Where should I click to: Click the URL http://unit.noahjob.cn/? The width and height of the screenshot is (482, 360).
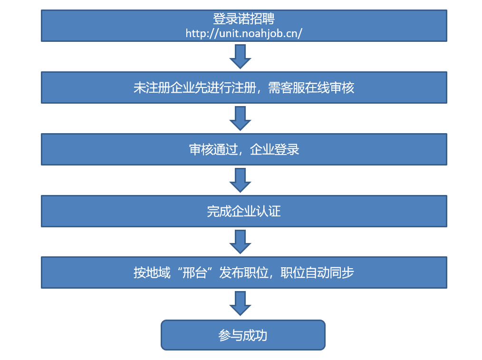click(244, 33)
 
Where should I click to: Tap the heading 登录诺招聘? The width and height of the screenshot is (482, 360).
click(244, 19)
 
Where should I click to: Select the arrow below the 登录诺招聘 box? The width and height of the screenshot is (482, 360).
click(240, 57)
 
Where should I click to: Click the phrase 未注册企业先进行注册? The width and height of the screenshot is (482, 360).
click(195, 88)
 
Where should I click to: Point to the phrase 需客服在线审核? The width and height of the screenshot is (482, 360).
click(311, 88)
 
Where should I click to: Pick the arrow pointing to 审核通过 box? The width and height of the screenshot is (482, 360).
click(240, 118)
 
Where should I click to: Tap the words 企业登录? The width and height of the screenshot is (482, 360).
click(275, 150)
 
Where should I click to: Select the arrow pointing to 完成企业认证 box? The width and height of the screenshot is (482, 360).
click(240, 180)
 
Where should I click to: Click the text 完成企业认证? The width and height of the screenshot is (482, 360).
click(244, 211)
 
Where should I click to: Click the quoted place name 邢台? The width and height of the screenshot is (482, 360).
click(195, 273)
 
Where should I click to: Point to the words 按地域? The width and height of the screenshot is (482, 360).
click(152, 273)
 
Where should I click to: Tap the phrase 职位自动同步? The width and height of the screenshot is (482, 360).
click(317, 273)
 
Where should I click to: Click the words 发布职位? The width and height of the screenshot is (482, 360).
click(244, 273)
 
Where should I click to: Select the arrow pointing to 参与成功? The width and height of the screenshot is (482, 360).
click(240, 303)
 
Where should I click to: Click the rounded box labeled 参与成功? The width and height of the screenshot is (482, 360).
click(243, 335)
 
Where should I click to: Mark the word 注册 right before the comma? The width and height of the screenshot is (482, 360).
click(244, 88)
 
